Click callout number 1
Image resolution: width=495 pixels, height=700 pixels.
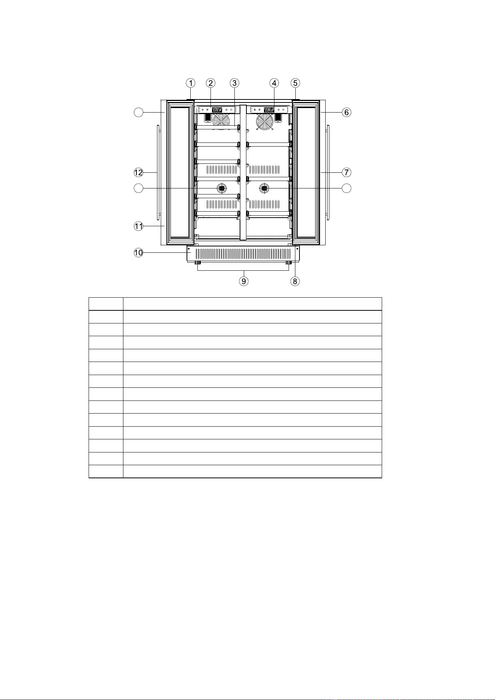click(x=191, y=83)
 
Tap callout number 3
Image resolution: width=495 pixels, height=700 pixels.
click(x=234, y=83)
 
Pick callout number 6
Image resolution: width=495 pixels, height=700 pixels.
click(x=347, y=112)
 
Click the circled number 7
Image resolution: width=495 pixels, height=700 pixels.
click(x=347, y=172)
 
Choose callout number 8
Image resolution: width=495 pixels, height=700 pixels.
click(x=295, y=281)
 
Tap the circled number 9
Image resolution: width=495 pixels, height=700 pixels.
click(x=244, y=281)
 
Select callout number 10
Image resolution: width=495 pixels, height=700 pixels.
click(x=139, y=253)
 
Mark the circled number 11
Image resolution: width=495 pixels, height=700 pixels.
click(x=139, y=226)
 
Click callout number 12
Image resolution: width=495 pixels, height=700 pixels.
click(x=139, y=172)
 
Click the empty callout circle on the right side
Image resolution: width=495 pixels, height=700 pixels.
click(x=347, y=188)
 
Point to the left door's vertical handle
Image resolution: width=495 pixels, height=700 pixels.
click(x=159, y=173)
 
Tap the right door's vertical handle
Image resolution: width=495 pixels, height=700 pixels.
click(x=328, y=173)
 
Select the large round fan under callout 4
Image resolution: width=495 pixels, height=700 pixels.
click(x=265, y=122)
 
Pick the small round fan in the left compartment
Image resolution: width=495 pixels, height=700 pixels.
click(x=222, y=188)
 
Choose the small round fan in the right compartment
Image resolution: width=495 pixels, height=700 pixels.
click(x=265, y=188)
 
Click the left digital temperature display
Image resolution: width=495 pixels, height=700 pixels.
click(x=217, y=110)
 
